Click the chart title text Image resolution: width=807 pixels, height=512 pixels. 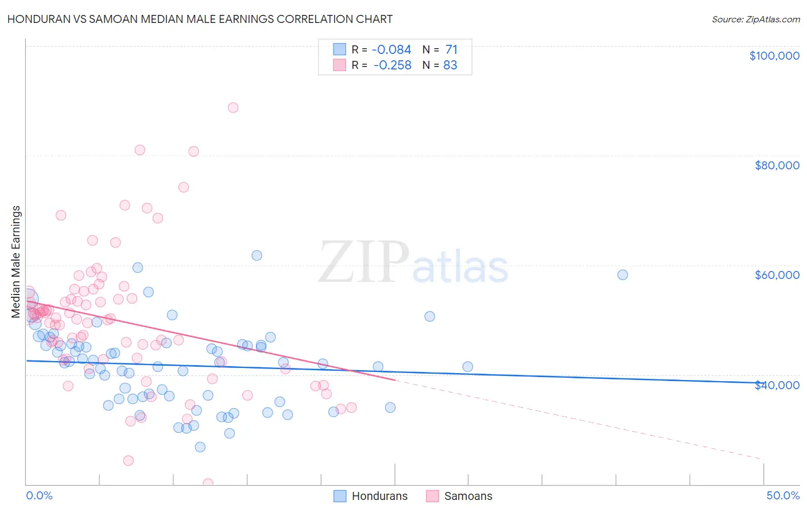pyautogui.click(x=200, y=19)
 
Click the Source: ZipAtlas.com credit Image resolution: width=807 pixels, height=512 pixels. pyautogui.click(x=755, y=20)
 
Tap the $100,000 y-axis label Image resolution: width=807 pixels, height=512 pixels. pyautogui.click(x=774, y=56)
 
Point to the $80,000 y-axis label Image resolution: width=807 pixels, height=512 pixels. pyautogui.click(x=777, y=165)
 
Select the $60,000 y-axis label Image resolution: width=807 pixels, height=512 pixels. pyautogui.click(x=777, y=275)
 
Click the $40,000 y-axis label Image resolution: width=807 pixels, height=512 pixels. pyautogui.click(x=777, y=385)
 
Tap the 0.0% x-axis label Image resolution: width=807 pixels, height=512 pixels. pyautogui.click(x=39, y=495)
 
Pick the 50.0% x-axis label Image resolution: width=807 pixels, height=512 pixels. pyautogui.click(x=782, y=495)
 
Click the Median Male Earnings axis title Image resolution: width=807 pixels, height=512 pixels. pyautogui.click(x=16, y=262)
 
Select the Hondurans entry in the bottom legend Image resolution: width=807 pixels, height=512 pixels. pyautogui.click(x=379, y=496)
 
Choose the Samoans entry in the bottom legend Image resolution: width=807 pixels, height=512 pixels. pyautogui.click(x=468, y=496)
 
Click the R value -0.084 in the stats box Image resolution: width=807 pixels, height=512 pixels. pyautogui.click(x=392, y=50)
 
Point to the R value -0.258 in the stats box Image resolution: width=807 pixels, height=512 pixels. pyautogui.click(x=392, y=65)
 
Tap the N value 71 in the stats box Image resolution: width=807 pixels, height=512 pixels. pyautogui.click(x=451, y=50)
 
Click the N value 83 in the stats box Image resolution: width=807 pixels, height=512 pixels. pyautogui.click(x=450, y=65)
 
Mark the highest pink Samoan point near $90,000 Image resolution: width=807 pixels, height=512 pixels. pyautogui.click(x=233, y=107)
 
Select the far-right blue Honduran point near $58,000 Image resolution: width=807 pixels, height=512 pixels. pyautogui.click(x=623, y=274)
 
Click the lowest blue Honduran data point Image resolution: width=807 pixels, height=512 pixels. pyautogui.click(x=200, y=447)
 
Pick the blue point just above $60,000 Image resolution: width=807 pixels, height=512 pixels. pyautogui.click(x=257, y=255)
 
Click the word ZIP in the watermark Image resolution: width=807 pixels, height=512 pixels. pyautogui.click(x=363, y=262)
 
